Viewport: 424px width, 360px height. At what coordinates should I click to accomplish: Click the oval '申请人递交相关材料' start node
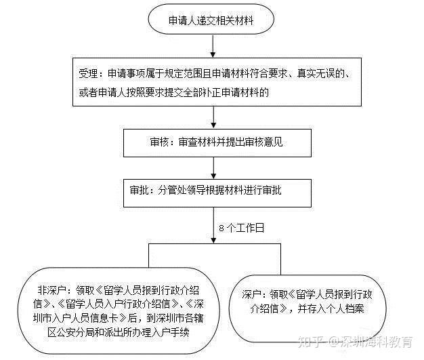point(211,19)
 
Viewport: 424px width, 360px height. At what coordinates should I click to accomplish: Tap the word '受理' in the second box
point(88,74)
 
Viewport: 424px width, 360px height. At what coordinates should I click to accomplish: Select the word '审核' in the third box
point(160,142)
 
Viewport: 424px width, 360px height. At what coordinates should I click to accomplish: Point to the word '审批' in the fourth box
point(140,191)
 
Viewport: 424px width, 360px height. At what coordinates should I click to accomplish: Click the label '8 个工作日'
point(242,228)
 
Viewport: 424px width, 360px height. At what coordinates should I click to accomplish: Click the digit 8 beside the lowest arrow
point(221,228)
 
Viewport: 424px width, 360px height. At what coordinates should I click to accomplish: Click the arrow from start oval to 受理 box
point(213,46)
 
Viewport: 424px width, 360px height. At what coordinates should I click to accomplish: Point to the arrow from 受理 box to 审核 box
point(213,117)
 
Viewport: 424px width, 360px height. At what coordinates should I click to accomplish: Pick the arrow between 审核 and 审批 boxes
point(213,168)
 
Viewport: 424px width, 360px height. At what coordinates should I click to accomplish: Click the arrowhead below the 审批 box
point(213,241)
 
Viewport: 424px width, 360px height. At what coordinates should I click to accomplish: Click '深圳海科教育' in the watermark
point(377,342)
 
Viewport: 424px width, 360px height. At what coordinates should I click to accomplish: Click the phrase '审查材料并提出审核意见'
point(231,142)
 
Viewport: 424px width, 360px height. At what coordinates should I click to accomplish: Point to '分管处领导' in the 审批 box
point(181,191)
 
